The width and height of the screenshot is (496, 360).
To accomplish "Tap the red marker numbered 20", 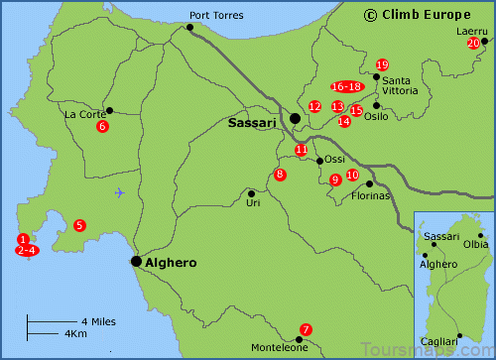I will click(x=473, y=44).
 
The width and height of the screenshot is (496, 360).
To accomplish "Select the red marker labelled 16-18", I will click(x=347, y=86).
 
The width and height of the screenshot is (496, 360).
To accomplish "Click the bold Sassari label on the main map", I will click(x=257, y=123).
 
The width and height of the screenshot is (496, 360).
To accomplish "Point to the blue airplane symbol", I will click(x=120, y=192).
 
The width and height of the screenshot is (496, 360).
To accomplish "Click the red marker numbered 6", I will click(x=102, y=126).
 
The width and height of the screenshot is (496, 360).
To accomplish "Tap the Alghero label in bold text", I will click(x=167, y=263).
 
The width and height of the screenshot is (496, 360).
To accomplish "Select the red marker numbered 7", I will click(x=306, y=329).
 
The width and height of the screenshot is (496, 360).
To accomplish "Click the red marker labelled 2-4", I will click(x=27, y=250).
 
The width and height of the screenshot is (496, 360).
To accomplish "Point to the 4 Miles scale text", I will click(x=99, y=321).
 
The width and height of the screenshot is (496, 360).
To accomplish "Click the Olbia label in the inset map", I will click(x=476, y=244).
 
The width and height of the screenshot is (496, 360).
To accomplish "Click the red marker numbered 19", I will click(x=382, y=64).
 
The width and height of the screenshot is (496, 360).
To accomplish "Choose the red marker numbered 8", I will click(x=281, y=175).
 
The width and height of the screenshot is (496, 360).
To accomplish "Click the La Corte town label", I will click(x=85, y=114).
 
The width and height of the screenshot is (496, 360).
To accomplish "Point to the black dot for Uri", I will click(x=252, y=193).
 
